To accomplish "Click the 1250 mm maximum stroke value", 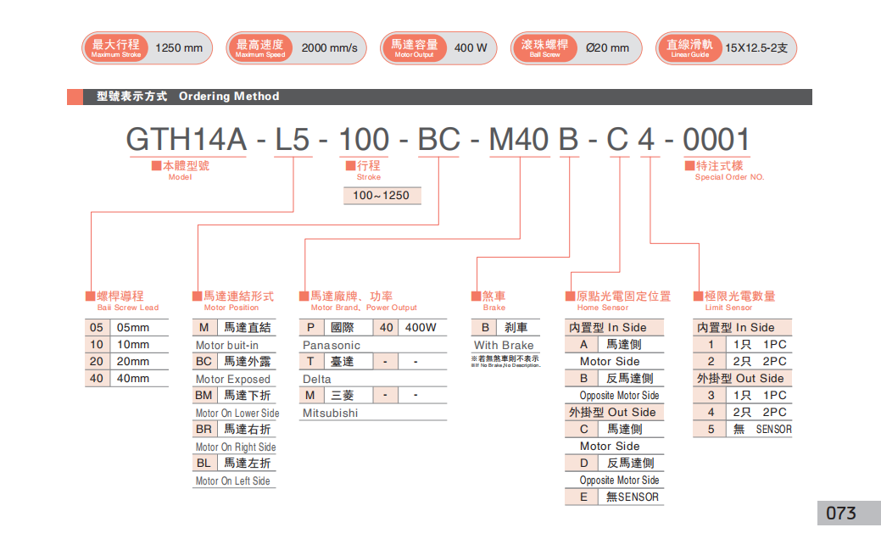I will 180,47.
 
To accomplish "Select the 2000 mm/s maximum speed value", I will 329,47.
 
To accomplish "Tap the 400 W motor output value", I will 471,47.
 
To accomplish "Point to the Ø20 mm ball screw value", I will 607,47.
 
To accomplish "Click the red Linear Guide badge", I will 689,47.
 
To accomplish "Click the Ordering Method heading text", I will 228,97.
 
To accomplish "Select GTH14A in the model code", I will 186,139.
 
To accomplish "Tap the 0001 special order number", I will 716,139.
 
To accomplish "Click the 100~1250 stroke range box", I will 381,196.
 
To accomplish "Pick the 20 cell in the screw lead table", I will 97,362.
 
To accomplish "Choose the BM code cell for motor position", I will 204,396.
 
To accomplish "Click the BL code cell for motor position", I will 204,464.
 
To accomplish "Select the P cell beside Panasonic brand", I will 310,328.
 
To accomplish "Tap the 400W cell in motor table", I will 421,328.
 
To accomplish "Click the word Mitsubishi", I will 330,413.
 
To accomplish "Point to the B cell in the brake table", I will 485,328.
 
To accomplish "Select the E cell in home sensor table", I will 583,497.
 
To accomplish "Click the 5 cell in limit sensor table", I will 711,430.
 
